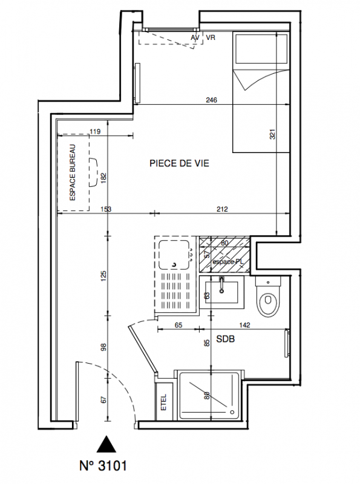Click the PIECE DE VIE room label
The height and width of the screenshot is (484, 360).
click(x=179, y=163)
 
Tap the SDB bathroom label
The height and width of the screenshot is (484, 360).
click(x=226, y=339)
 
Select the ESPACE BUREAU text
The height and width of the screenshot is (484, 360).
click(x=73, y=172)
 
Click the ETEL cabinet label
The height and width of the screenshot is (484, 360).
click(x=163, y=402)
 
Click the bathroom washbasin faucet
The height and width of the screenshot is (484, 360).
click(x=221, y=284)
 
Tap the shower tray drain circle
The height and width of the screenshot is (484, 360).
click(x=232, y=411)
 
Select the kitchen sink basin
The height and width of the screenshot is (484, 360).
click(x=174, y=255)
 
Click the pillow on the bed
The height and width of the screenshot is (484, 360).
click(x=261, y=49)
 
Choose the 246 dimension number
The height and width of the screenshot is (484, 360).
click(x=212, y=100)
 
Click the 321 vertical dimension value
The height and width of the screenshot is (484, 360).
click(x=272, y=134)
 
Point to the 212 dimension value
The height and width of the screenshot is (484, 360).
click(x=222, y=209)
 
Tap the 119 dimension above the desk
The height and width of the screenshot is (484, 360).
click(x=95, y=132)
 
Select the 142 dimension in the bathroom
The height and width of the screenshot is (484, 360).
click(x=244, y=325)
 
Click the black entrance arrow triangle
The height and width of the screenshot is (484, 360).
click(x=106, y=444)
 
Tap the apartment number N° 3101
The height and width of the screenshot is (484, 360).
click(x=103, y=466)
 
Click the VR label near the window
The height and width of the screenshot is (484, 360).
click(x=211, y=38)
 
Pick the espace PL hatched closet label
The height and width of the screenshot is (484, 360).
click(x=228, y=261)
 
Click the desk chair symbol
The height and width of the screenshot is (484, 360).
click(x=93, y=172)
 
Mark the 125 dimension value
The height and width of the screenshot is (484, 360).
click(x=103, y=276)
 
